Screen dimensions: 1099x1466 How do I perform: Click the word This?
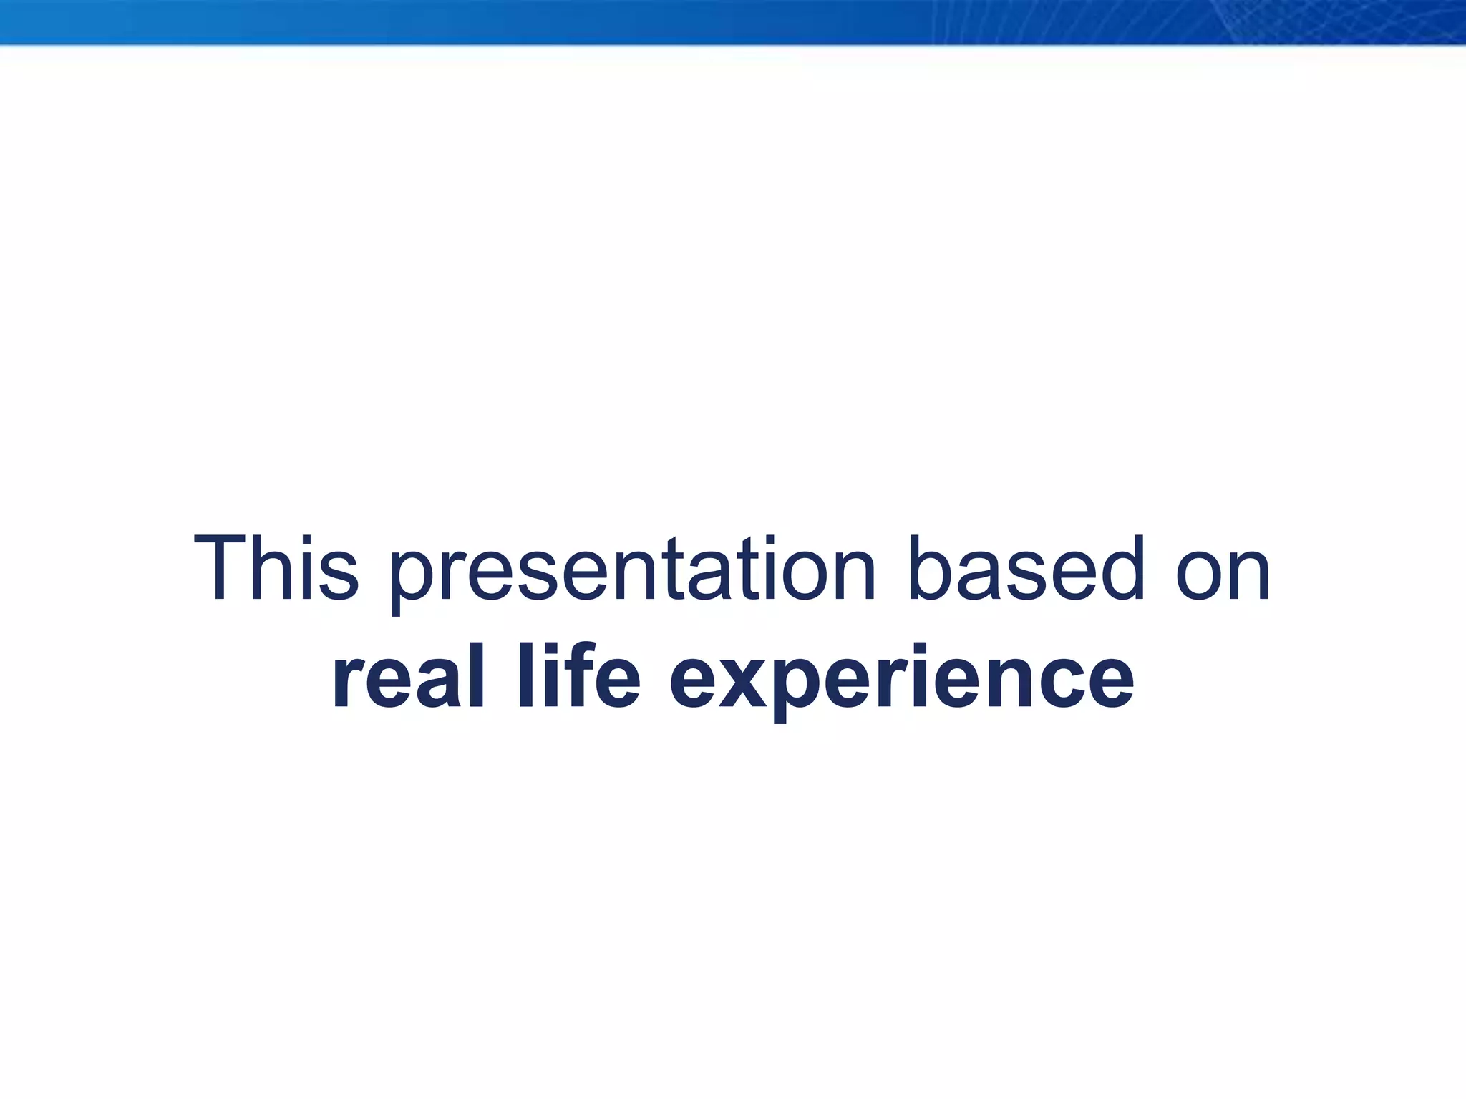[x=276, y=569]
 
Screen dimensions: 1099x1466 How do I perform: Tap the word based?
[x=1026, y=569]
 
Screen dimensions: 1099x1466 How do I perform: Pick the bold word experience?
[x=901, y=680]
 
